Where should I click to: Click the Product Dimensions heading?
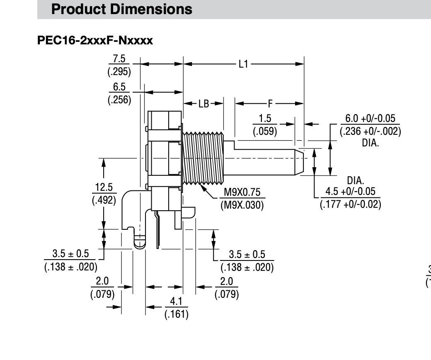[x=121, y=9]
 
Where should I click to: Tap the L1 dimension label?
[x=243, y=64]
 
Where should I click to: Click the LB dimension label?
[x=203, y=104]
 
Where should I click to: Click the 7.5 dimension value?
[x=119, y=59]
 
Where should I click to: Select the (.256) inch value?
[x=119, y=100]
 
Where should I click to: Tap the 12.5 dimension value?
[x=104, y=187]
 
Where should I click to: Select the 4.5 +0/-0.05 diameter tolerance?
[x=351, y=191]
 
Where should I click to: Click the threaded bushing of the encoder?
[x=203, y=158]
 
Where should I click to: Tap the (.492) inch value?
[x=104, y=200]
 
